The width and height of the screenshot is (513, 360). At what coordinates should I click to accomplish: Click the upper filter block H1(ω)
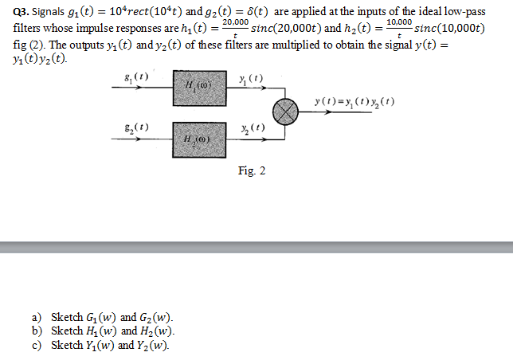(199, 88)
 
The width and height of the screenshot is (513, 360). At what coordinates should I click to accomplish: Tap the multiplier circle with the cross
(285, 112)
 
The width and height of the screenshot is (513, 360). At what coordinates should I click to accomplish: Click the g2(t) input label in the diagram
(137, 127)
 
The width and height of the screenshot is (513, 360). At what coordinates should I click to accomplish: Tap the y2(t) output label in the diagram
(253, 129)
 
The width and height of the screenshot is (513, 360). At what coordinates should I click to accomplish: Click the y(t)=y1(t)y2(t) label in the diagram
(354, 103)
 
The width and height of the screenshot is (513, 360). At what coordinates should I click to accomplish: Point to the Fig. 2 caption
(251, 171)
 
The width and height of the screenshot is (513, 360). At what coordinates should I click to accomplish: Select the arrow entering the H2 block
(143, 139)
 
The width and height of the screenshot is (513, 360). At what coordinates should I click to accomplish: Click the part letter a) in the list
(37, 317)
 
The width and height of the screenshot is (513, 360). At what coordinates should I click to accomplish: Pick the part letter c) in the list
(37, 346)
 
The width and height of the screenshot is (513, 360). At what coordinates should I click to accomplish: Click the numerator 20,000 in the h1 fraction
(235, 22)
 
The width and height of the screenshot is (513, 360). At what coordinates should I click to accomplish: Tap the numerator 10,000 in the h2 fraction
(398, 22)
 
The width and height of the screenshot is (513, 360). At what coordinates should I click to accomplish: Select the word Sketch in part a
(67, 317)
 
